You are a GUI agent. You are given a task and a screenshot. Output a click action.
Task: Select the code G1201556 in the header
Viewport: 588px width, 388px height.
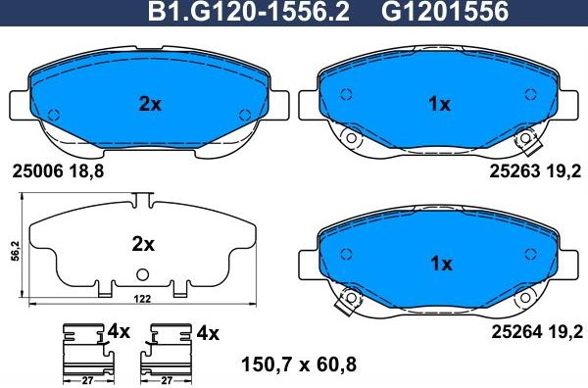point(430,14)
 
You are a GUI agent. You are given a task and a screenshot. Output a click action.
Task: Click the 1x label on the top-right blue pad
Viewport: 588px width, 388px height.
point(440,104)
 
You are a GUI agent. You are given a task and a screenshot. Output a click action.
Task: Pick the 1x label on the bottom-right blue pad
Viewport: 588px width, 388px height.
point(440,263)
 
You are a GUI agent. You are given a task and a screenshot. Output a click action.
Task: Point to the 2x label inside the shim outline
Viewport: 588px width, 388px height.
point(143,241)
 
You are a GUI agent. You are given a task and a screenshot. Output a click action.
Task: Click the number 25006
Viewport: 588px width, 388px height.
point(37,170)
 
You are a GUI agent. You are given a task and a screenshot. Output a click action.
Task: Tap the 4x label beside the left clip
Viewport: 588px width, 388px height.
point(119,332)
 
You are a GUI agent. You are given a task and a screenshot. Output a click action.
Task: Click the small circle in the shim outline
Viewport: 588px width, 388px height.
point(143,273)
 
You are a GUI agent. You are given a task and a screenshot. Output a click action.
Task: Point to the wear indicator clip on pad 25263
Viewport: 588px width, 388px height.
point(530,142)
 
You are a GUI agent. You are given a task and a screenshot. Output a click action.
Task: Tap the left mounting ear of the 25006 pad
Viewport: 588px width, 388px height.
point(17,105)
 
